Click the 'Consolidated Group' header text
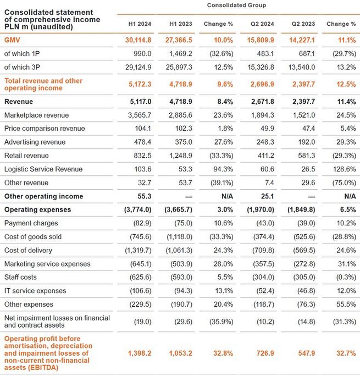pos(236,5)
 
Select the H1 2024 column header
pos(140,24)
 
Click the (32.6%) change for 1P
pos(218,54)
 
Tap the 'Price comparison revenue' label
pos(44,129)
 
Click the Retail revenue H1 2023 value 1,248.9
pos(179,156)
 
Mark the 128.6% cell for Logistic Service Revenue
pos(341,169)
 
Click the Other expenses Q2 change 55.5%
pos(343,305)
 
